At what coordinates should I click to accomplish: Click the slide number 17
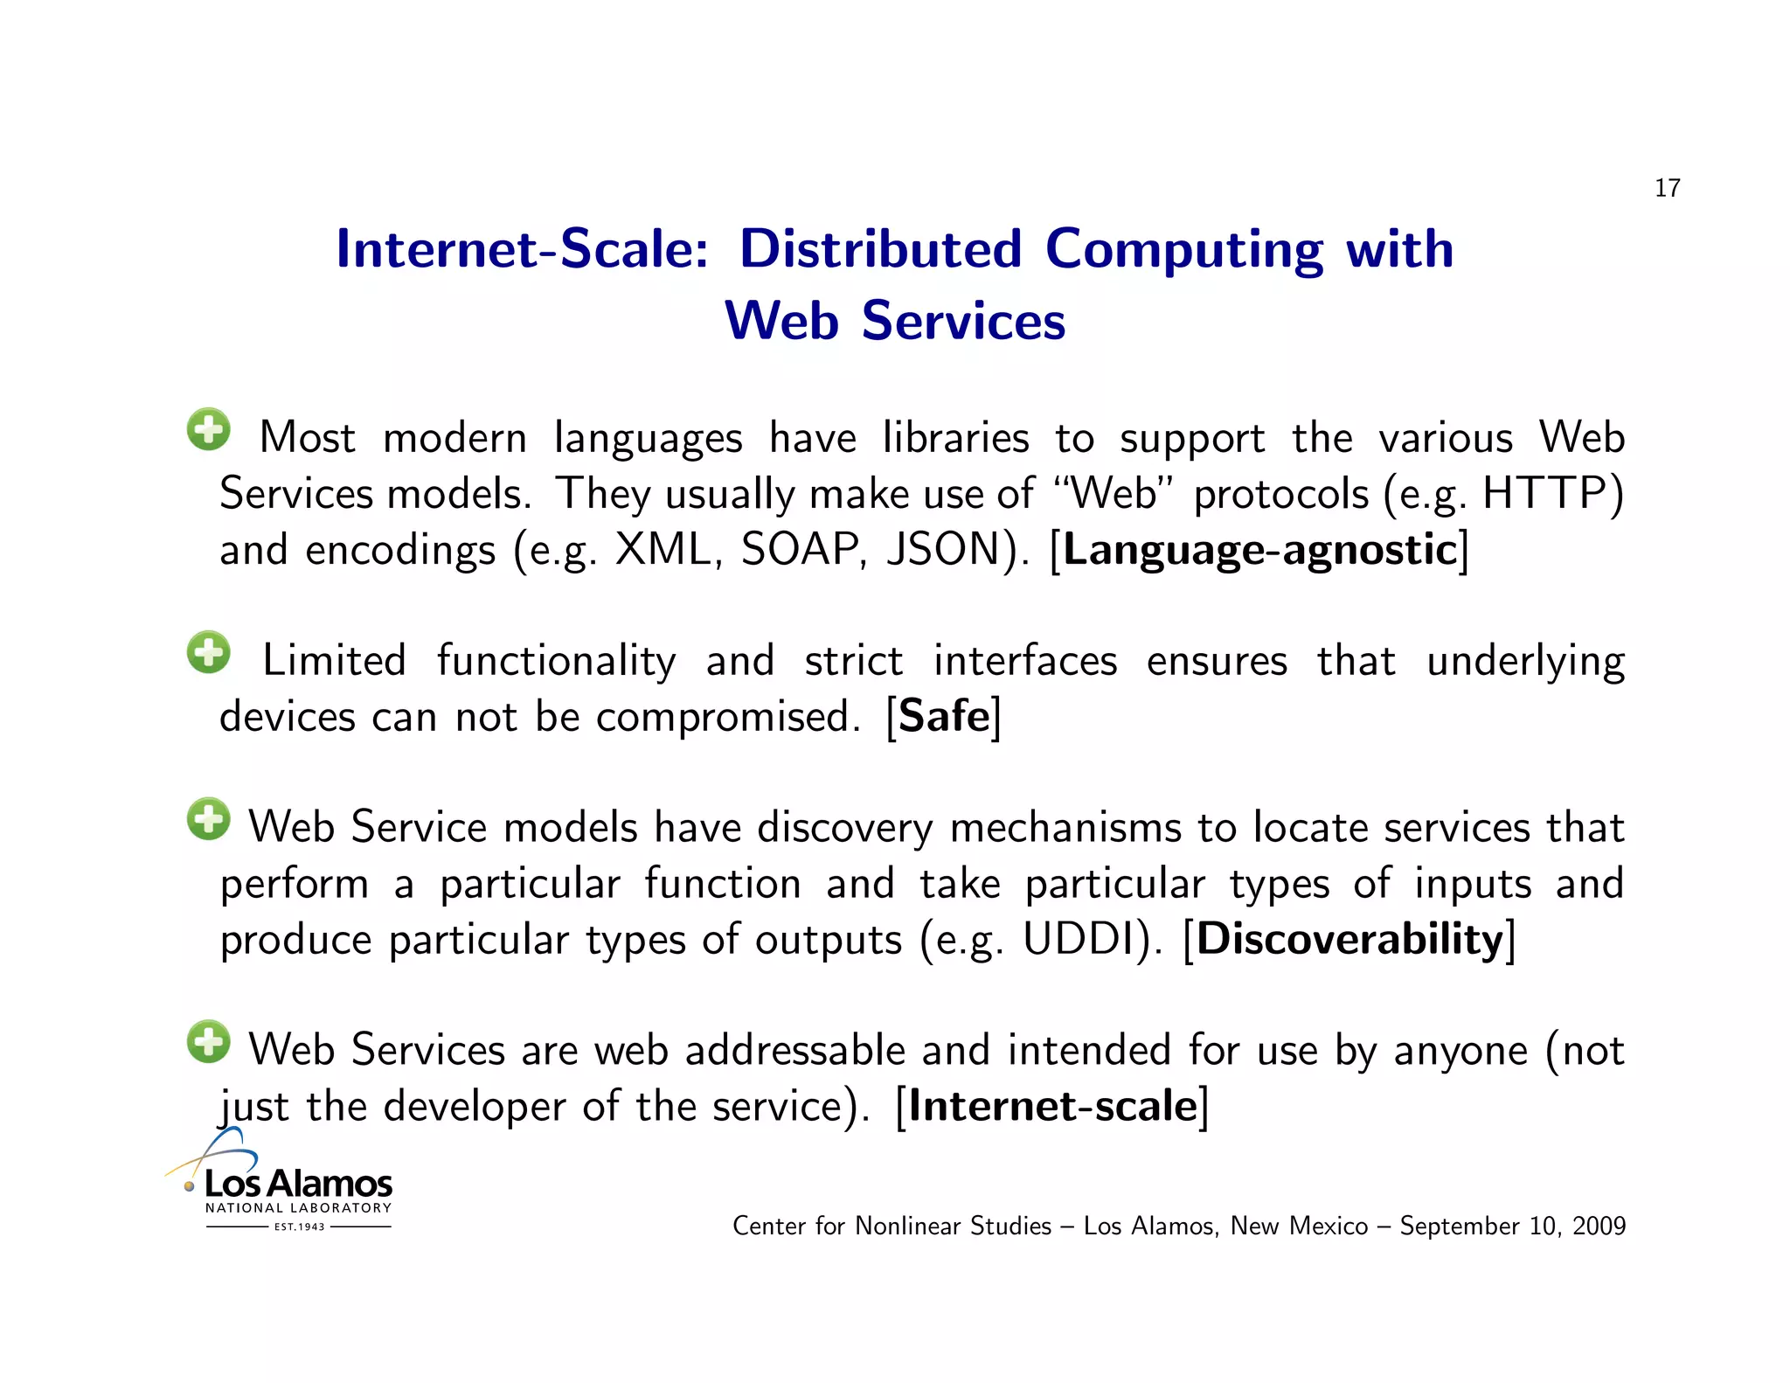point(1667,188)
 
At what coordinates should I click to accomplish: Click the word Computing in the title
point(1184,251)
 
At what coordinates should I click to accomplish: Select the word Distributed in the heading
point(880,249)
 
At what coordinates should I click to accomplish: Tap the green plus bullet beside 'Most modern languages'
point(209,429)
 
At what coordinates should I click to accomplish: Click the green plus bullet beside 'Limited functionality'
point(209,652)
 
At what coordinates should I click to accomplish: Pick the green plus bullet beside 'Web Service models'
point(209,819)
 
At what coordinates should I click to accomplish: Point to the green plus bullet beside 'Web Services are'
point(209,1042)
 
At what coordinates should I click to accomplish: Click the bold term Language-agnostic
point(1259,551)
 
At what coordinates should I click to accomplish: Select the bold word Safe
point(944,717)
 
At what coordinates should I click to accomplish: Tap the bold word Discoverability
point(1349,940)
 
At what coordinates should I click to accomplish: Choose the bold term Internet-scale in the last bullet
point(1052,1107)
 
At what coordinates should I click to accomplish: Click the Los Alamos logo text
point(298,1185)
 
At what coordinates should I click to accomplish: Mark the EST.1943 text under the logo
point(299,1227)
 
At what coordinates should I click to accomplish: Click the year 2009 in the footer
point(1599,1226)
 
